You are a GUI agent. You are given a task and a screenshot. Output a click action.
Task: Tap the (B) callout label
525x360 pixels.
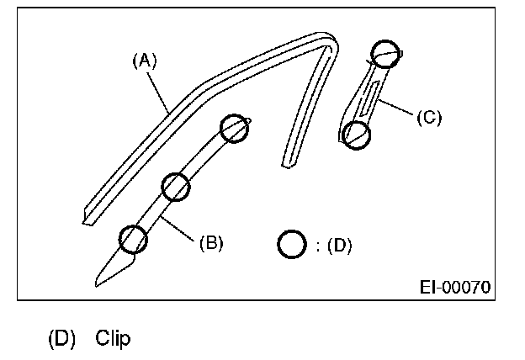point(210,244)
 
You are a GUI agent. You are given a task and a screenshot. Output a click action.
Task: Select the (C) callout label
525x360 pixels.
point(428,117)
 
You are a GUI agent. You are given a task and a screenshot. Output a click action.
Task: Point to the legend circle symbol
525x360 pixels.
point(291,244)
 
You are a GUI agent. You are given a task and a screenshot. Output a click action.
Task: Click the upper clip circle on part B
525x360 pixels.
point(235,129)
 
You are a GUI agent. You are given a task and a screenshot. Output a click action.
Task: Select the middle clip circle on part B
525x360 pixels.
point(175,187)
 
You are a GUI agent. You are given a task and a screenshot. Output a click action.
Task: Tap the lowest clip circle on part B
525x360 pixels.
point(133,240)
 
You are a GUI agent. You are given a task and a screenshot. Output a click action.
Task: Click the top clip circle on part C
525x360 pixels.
point(384,53)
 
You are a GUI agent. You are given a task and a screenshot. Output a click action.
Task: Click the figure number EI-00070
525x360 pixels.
point(455,286)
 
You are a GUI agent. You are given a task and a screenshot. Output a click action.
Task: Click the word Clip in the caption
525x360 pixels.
point(113,339)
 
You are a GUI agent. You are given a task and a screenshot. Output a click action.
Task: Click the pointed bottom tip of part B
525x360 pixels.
point(99,281)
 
